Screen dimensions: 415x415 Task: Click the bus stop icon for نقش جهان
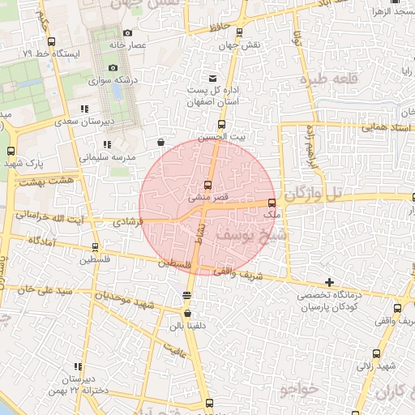pyautogui.click(x=238, y=33)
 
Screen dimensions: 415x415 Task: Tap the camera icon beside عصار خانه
pyautogui.click(x=127, y=32)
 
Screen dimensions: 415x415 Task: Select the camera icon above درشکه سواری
pyautogui.click(x=113, y=67)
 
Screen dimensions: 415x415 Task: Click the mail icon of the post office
pyautogui.click(x=212, y=78)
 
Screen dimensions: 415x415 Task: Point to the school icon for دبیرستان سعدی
pyautogui.click(x=84, y=109)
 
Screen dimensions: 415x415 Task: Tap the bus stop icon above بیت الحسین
pyautogui.click(x=221, y=124)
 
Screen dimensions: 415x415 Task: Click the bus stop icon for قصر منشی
pyautogui.click(x=208, y=185)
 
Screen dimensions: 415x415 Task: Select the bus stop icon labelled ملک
pyautogui.click(x=271, y=203)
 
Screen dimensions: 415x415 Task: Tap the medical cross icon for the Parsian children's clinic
pyautogui.click(x=329, y=281)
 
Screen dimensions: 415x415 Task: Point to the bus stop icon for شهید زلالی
pyautogui.click(x=376, y=353)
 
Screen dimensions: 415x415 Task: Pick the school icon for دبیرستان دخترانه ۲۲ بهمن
pyautogui.click(x=78, y=366)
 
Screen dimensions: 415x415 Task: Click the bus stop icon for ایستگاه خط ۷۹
pyautogui.click(x=52, y=41)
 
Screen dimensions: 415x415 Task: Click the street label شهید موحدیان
pyautogui.click(x=134, y=303)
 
